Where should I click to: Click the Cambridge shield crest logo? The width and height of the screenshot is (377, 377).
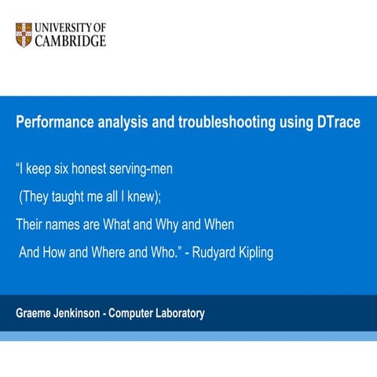(24, 35)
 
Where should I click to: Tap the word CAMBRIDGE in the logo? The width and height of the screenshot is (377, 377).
(71, 41)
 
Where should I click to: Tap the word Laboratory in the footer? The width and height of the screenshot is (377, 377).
(178, 313)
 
